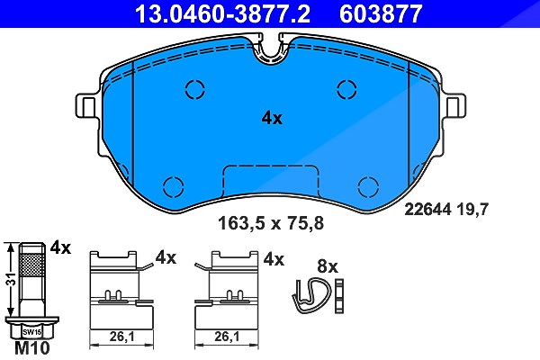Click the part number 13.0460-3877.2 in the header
click(x=223, y=13)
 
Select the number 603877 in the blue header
click(x=381, y=13)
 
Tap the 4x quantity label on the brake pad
click(x=272, y=119)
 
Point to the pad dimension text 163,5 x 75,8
click(x=271, y=223)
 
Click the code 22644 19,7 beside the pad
click(x=446, y=209)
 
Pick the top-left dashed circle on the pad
click(x=195, y=89)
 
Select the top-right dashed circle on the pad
click(x=346, y=89)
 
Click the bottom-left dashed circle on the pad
click(x=173, y=187)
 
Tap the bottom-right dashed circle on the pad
click(x=368, y=187)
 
